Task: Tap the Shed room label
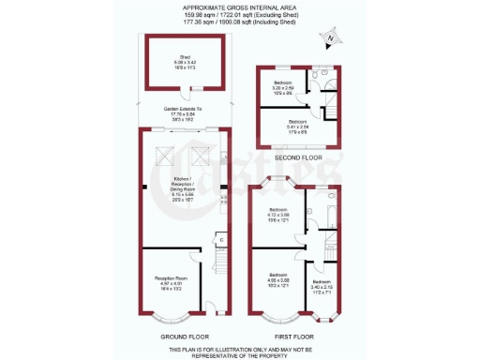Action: [x=176, y=62]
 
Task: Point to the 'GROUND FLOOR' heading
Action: [x=183, y=336]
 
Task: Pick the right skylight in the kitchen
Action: [x=199, y=152]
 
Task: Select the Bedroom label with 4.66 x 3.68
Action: [x=278, y=281]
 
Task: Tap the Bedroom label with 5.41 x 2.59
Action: [x=297, y=125]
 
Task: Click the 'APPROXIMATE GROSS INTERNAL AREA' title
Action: [x=239, y=7]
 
